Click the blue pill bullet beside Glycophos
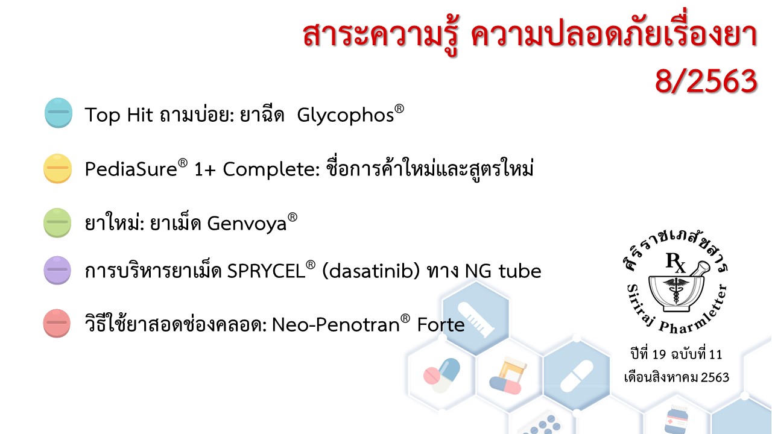59,113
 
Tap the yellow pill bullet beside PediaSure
57,168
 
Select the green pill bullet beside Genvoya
57,222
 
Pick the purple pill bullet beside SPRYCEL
57,270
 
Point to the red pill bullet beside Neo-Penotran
57,323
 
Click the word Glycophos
346,115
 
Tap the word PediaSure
131,169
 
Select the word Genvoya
247,224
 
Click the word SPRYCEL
267,271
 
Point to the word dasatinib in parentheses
371,271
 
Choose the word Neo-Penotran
336,325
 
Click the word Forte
441,325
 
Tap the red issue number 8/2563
706,81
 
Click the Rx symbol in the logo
675,262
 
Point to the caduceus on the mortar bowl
676,290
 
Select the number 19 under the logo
659,354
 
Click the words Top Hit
119,115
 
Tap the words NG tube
503,271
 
